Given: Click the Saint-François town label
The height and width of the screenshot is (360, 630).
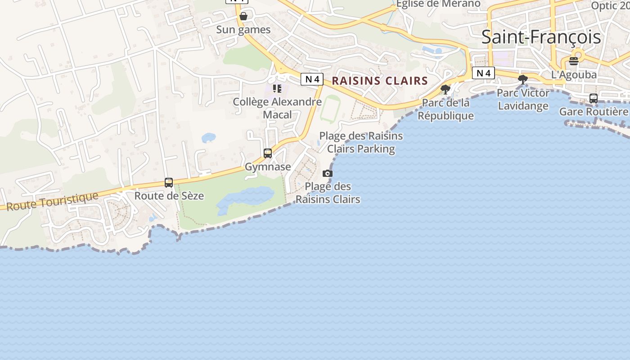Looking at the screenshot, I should click(x=541, y=37).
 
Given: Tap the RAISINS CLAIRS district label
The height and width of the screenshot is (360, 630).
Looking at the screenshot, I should click(x=380, y=81).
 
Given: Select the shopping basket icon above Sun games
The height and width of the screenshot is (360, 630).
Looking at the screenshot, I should click(x=243, y=17).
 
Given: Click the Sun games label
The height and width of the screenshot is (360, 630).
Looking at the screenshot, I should click(x=243, y=30).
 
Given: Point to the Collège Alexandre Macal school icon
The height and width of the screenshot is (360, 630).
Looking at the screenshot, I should click(x=277, y=89).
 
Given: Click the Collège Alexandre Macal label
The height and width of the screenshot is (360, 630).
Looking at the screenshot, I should click(x=277, y=108).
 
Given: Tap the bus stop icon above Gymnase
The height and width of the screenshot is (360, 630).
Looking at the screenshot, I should click(x=268, y=153).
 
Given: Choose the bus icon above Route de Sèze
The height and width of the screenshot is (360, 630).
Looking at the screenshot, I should click(x=169, y=183).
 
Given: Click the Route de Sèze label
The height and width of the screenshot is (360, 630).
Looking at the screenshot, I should click(x=169, y=196).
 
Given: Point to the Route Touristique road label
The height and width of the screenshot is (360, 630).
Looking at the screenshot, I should click(x=53, y=201).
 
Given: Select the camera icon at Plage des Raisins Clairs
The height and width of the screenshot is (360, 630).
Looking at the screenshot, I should click(x=328, y=174).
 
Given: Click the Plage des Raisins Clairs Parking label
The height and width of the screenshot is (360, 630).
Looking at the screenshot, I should click(x=361, y=142).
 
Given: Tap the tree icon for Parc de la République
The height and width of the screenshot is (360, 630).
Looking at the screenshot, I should click(x=445, y=90).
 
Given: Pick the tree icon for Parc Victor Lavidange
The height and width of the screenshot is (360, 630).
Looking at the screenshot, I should click(x=523, y=80).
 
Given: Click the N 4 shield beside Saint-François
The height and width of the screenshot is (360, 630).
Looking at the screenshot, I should click(x=483, y=73).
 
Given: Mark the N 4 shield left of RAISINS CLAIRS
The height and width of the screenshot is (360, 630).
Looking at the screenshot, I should click(x=312, y=79).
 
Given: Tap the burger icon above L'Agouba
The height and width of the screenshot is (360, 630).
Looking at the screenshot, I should click(x=574, y=61).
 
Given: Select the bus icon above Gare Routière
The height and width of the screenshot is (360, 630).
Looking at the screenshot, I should click(x=594, y=99).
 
